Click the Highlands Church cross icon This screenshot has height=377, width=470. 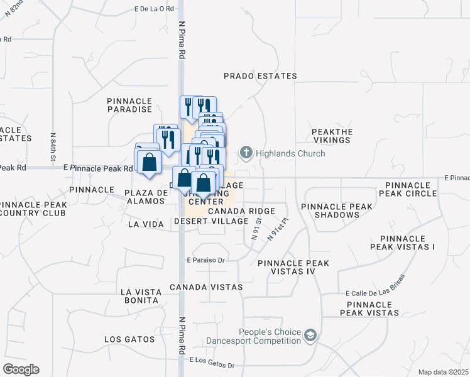(246, 153)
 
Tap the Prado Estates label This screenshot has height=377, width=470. (260, 76)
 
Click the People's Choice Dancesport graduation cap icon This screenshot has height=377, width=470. (310, 336)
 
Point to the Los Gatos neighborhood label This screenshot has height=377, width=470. (129, 339)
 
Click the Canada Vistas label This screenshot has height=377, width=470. (206, 287)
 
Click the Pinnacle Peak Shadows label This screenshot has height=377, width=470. (330, 210)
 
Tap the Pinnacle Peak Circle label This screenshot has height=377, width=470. (411, 189)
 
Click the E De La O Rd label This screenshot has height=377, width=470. (153, 9)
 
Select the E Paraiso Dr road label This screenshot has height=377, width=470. (205, 260)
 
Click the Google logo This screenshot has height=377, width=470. (21, 369)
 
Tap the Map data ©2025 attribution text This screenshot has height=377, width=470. (442, 372)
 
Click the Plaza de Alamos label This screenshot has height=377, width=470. (146, 197)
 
